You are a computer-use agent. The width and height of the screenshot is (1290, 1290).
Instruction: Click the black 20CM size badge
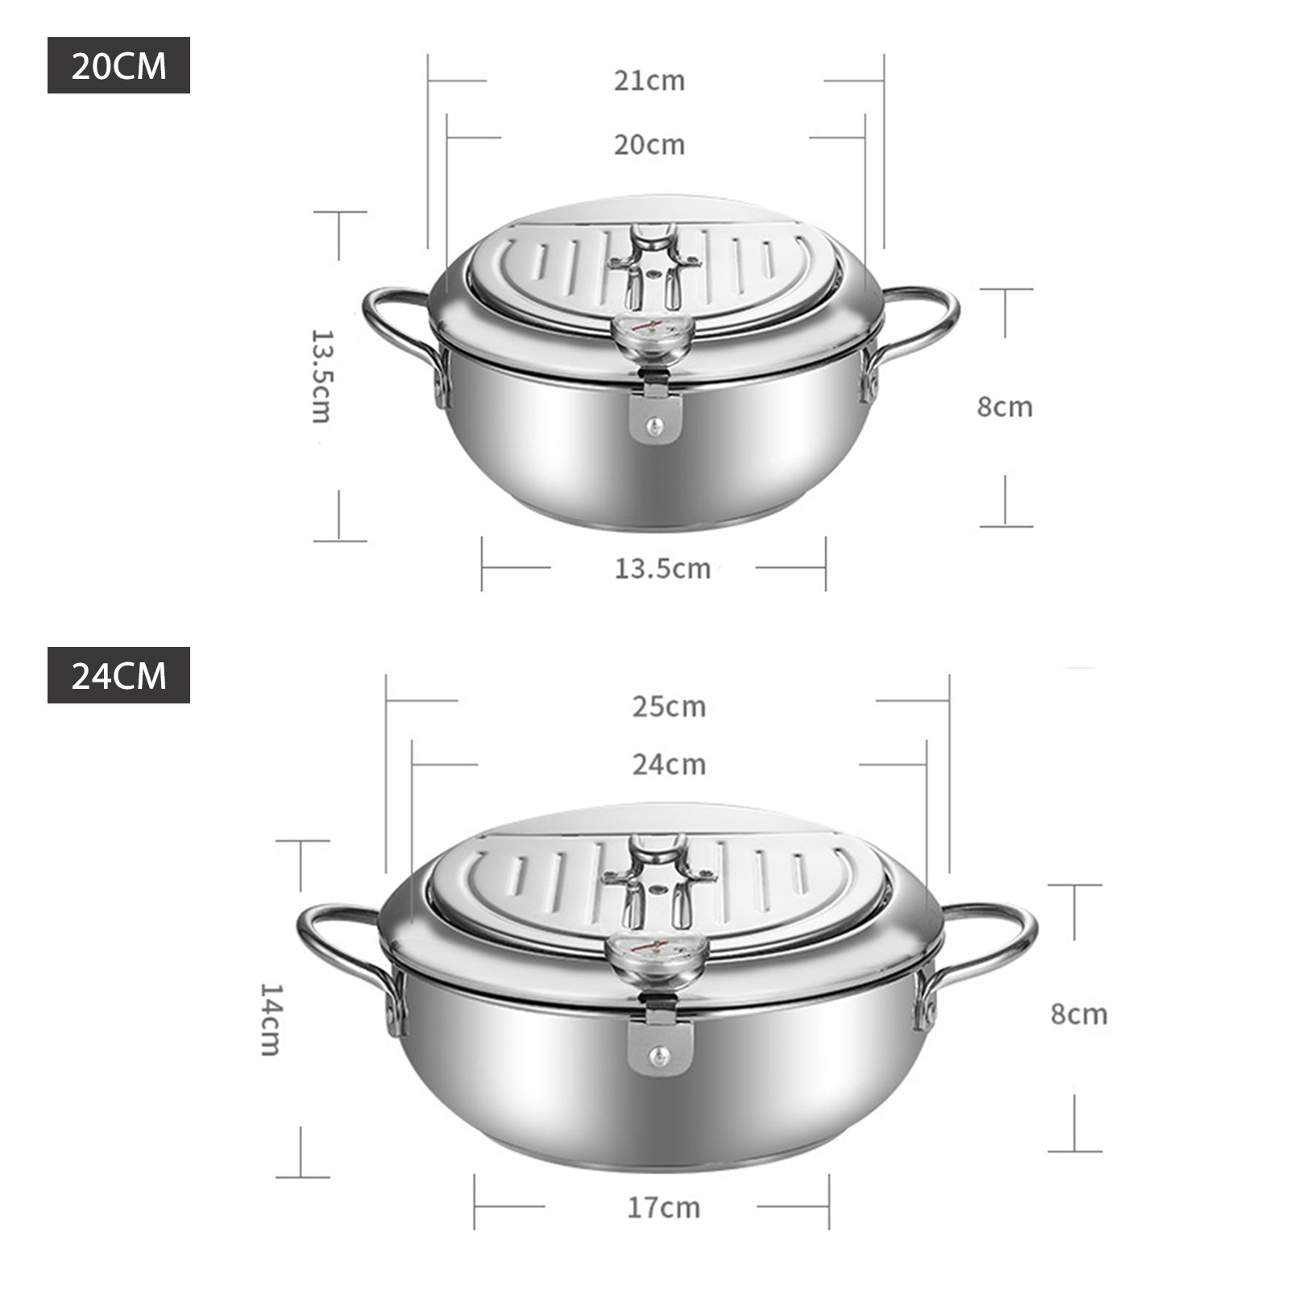click(x=118, y=65)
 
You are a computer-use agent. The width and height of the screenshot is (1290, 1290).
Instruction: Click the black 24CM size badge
click(x=118, y=675)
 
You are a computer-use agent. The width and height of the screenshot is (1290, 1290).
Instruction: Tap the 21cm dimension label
click(x=649, y=81)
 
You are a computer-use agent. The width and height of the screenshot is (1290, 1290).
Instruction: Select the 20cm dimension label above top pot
click(x=649, y=145)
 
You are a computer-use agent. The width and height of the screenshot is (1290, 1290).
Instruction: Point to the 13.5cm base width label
click(x=662, y=569)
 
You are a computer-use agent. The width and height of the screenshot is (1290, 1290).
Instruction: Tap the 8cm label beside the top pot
click(x=1005, y=407)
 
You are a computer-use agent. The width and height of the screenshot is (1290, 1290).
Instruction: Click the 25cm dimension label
click(x=669, y=707)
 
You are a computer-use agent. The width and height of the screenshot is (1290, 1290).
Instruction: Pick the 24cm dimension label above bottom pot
click(x=669, y=765)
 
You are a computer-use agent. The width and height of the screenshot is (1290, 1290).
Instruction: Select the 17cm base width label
click(x=664, y=1208)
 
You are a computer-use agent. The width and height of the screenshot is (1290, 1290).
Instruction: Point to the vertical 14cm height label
click(x=270, y=1019)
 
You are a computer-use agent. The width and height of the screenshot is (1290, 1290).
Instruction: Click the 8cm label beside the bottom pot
click(x=1079, y=1014)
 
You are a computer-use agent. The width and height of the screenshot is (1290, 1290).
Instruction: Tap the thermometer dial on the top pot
click(x=651, y=333)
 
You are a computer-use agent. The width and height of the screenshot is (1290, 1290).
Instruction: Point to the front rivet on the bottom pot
click(x=660, y=1056)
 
